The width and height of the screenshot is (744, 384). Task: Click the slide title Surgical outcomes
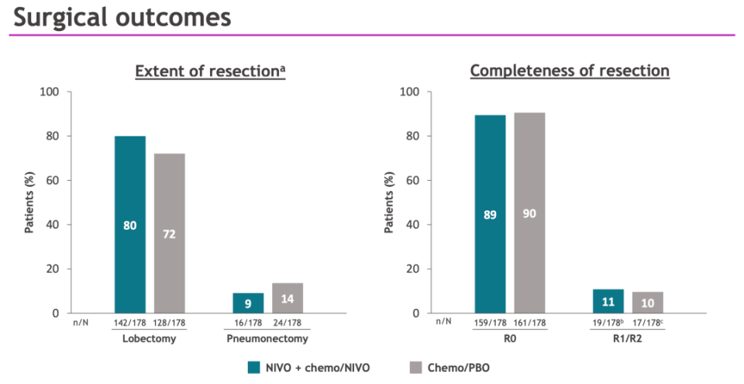coord(122,17)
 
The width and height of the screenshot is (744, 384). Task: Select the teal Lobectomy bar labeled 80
coord(130,225)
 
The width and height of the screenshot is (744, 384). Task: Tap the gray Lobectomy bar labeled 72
coord(169,233)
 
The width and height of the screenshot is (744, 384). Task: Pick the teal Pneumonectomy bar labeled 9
coord(248,303)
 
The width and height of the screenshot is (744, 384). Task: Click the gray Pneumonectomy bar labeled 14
coord(287,298)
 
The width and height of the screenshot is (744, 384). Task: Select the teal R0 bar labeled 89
coord(490,214)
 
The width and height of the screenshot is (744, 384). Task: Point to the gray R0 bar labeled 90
coord(529,213)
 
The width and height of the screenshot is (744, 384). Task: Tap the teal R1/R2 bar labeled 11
coord(608,301)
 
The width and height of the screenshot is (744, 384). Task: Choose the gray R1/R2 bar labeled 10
coord(647,303)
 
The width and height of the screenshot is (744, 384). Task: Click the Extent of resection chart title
coord(210,71)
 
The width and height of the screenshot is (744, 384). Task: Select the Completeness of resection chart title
coord(570,71)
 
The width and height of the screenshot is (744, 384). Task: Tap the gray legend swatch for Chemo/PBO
coord(414,367)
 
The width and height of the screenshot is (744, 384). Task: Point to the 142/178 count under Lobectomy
coord(130,323)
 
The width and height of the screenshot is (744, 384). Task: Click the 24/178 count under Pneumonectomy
coord(287,323)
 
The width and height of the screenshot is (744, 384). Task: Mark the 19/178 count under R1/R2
coord(607,323)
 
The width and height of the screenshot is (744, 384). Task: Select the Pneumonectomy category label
coord(267,339)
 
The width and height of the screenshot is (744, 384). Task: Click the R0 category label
coord(510,339)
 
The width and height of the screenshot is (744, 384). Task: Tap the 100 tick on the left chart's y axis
coord(50,92)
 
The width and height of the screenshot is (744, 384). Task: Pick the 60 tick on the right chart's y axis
coord(412,181)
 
